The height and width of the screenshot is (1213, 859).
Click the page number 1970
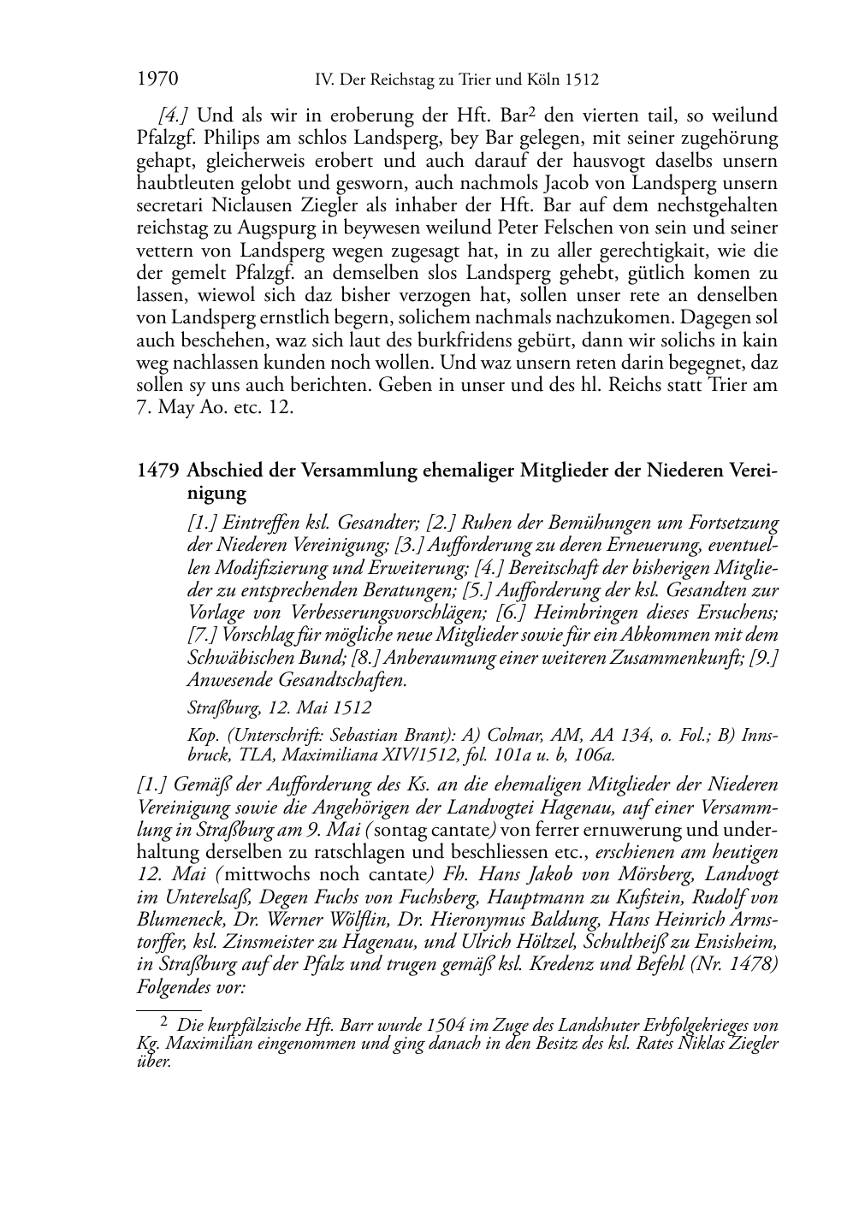157,80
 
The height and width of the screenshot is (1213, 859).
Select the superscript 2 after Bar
532,111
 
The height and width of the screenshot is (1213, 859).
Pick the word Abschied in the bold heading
222,470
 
